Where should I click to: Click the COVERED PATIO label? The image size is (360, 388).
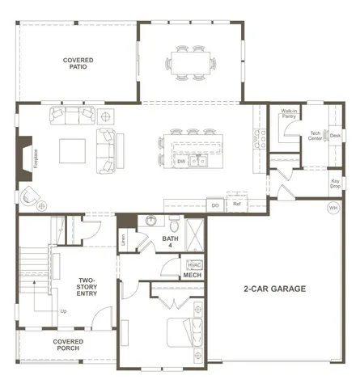point(78,64)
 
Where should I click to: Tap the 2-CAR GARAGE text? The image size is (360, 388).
point(274,288)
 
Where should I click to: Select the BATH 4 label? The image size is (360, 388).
point(170,242)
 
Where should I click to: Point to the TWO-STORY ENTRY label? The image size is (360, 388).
point(87,286)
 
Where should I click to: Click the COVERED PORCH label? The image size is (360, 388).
point(68,345)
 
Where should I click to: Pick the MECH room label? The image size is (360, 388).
point(192,276)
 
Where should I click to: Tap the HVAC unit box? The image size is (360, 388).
point(194,264)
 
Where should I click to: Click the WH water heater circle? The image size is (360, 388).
point(332,208)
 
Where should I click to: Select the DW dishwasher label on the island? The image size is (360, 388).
point(181,162)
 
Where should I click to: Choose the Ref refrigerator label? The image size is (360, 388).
point(237,205)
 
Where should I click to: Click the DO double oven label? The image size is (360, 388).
point(215,205)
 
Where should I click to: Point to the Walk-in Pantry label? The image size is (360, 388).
point(289,114)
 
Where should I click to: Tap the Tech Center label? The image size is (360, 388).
point(316,136)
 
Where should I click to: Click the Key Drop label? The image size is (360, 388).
point(335,183)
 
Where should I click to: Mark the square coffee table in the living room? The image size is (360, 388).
point(71,150)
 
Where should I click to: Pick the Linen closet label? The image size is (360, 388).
point(124,239)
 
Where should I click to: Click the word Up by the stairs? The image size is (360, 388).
point(63,310)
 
